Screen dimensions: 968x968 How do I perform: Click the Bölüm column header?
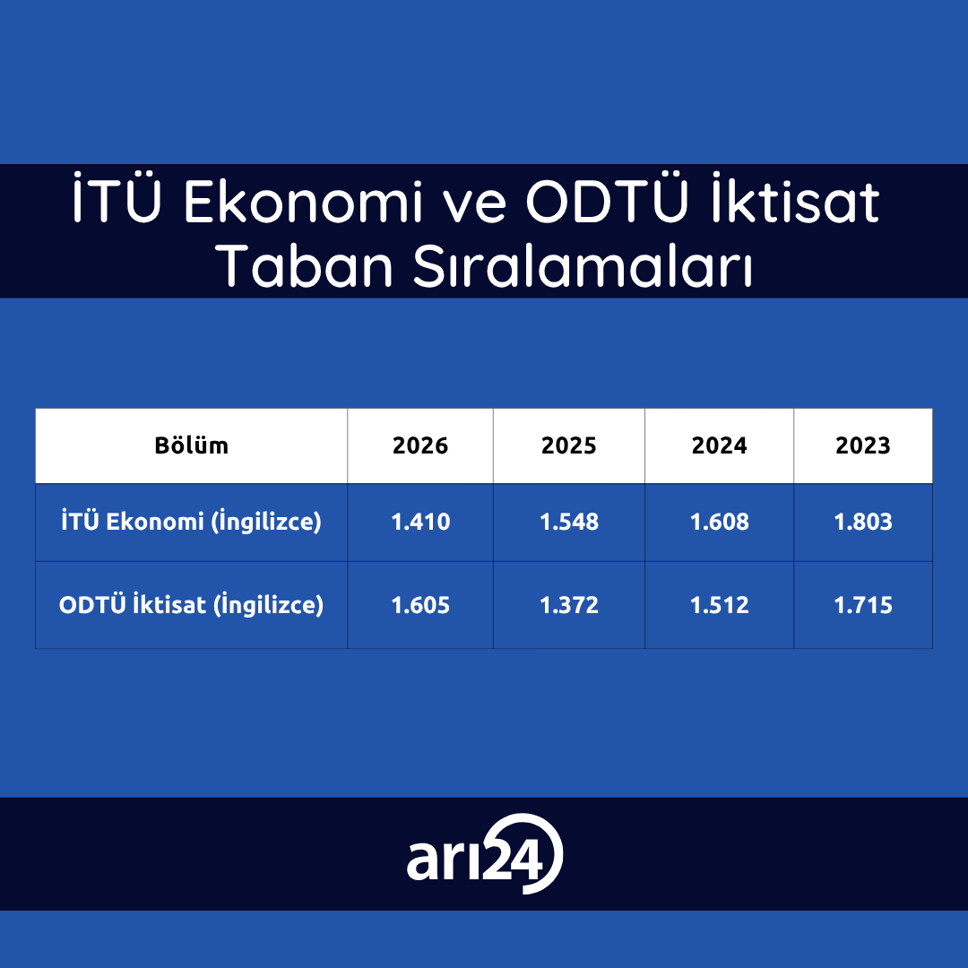click(x=192, y=445)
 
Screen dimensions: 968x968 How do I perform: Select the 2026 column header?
click(x=420, y=445)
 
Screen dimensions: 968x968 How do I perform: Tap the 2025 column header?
click(x=568, y=445)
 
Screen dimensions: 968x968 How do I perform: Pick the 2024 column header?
click(x=719, y=445)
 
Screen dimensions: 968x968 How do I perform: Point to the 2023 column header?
click(x=863, y=445)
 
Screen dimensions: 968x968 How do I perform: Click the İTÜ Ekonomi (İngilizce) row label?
click(x=192, y=522)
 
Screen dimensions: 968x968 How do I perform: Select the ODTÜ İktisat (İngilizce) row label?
click(x=192, y=604)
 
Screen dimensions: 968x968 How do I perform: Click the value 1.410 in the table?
click(x=420, y=522)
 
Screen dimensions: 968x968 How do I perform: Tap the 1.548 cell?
click(x=568, y=522)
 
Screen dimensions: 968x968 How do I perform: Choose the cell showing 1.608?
click(x=719, y=522)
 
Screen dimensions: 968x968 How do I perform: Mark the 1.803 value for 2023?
click(x=863, y=522)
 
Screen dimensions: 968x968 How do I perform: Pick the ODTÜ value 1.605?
click(x=420, y=605)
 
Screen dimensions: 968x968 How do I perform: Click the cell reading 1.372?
click(x=568, y=605)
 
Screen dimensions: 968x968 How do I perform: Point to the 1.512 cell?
click(x=719, y=605)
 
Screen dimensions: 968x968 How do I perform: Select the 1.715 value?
click(x=863, y=605)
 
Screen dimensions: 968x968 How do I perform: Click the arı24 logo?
click(x=485, y=854)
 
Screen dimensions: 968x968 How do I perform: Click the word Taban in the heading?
click(x=307, y=265)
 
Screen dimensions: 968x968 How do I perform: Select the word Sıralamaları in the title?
click(x=583, y=265)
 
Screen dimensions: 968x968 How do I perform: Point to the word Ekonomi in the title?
click(x=303, y=201)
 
